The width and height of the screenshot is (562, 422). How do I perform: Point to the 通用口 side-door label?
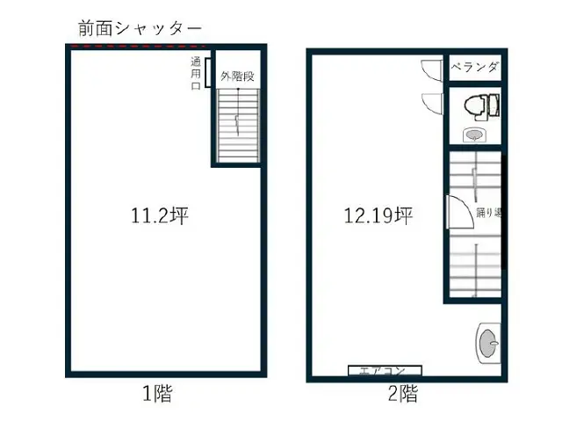(x=195, y=74)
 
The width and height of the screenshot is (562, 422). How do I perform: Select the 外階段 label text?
(x=237, y=76)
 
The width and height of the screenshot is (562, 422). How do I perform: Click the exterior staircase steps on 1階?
(x=238, y=123)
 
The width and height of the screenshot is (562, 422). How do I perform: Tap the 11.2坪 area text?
(x=159, y=215)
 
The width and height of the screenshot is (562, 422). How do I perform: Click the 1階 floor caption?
(x=157, y=395)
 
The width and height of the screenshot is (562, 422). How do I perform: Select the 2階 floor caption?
(x=403, y=395)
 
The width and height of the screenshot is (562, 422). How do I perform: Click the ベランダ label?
(x=475, y=68)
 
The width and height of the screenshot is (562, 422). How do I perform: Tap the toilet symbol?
(x=478, y=106)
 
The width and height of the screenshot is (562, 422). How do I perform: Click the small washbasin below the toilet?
(x=473, y=135)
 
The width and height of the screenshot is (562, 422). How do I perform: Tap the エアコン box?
(x=385, y=371)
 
